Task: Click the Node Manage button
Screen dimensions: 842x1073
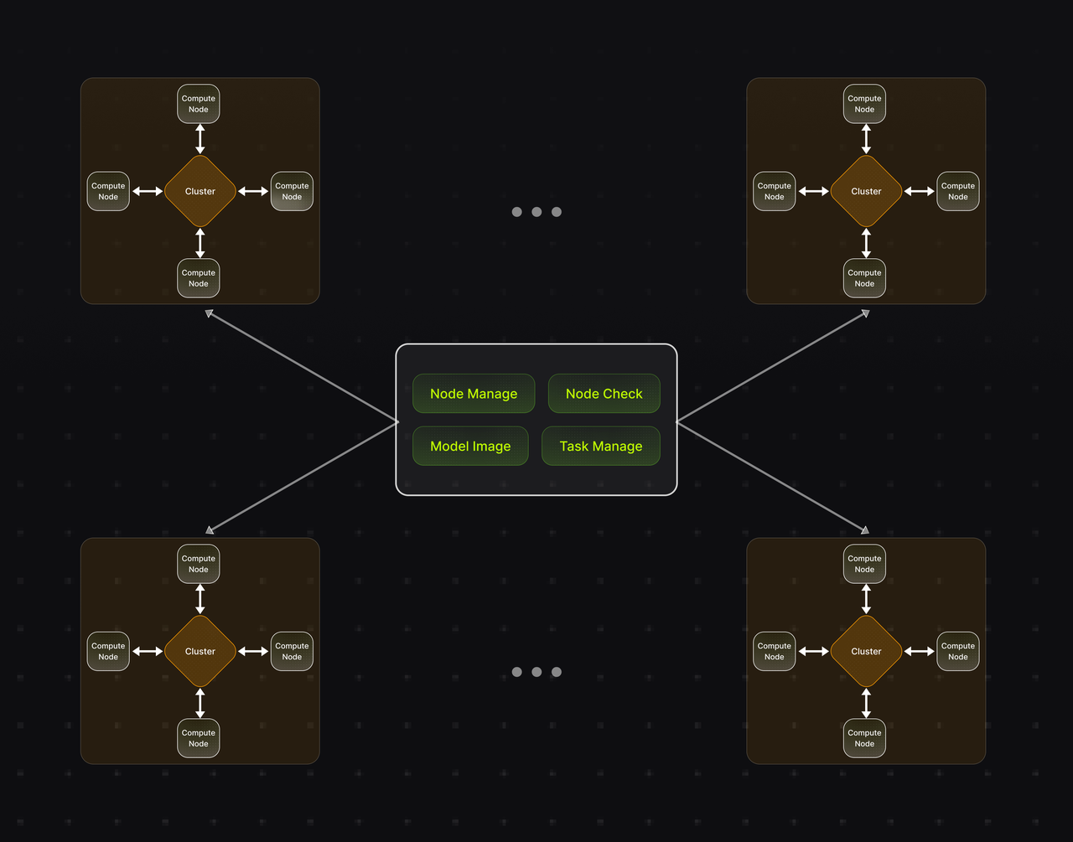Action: pyautogui.click(x=474, y=394)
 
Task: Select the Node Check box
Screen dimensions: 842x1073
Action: pyautogui.click(x=604, y=394)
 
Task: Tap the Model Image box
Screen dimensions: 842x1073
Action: pyautogui.click(x=470, y=447)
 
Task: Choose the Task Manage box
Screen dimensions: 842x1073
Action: pyautogui.click(x=600, y=447)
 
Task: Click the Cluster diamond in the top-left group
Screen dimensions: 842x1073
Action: pyautogui.click(x=200, y=191)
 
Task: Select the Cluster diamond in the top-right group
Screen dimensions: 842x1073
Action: pyautogui.click(x=866, y=191)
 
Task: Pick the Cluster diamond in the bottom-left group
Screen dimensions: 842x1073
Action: pyautogui.click(x=200, y=651)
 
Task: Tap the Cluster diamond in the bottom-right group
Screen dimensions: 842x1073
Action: pyautogui.click(x=866, y=651)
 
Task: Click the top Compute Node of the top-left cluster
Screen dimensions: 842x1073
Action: pyautogui.click(x=199, y=104)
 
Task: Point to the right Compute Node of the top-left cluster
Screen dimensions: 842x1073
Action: pyautogui.click(x=292, y=191)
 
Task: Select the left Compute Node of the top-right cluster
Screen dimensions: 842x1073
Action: pyautogui.click(x=775, y=191)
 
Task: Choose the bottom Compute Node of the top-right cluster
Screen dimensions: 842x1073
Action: pyautogui.click(x=864, y=278)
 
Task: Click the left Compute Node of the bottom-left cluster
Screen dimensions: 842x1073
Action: pyautogui.click(x=108, y=651)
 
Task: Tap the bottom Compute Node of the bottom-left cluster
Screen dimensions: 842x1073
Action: pyautogui.click(x=199, y=738)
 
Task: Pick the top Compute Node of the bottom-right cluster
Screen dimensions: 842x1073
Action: pyautogui.click(x=864, y=564)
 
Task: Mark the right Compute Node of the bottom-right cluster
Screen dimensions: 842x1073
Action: pyautogui.click(x=958, y=651)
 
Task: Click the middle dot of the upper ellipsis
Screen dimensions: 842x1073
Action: pyautogui.click(x=536, y=212)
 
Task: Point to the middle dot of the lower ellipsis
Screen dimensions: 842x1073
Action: pyautogui.click(x=536, y=672)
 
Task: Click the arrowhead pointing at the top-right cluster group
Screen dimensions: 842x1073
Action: pyautogui.click(x=865, y=314)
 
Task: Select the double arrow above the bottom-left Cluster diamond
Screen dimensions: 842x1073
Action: pyautogui.click(x=200, y=599)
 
